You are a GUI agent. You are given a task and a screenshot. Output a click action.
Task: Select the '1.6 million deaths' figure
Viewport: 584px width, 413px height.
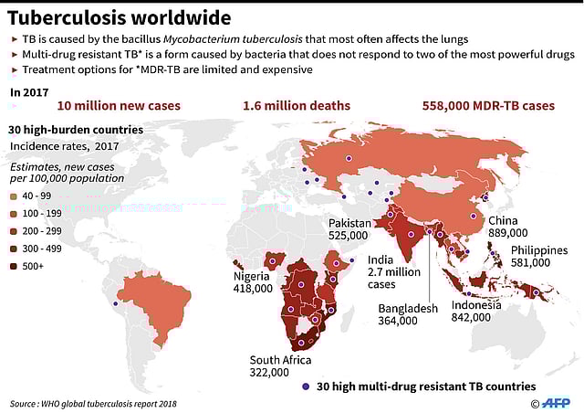[x=296, y=106]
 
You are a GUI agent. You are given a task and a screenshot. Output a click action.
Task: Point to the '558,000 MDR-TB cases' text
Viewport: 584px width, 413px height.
[x=488, y=106]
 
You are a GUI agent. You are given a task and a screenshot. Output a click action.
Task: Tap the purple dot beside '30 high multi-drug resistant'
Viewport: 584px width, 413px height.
[x=306, y=387]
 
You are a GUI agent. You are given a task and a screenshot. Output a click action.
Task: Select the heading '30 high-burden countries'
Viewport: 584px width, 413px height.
[x=75, y=130]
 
